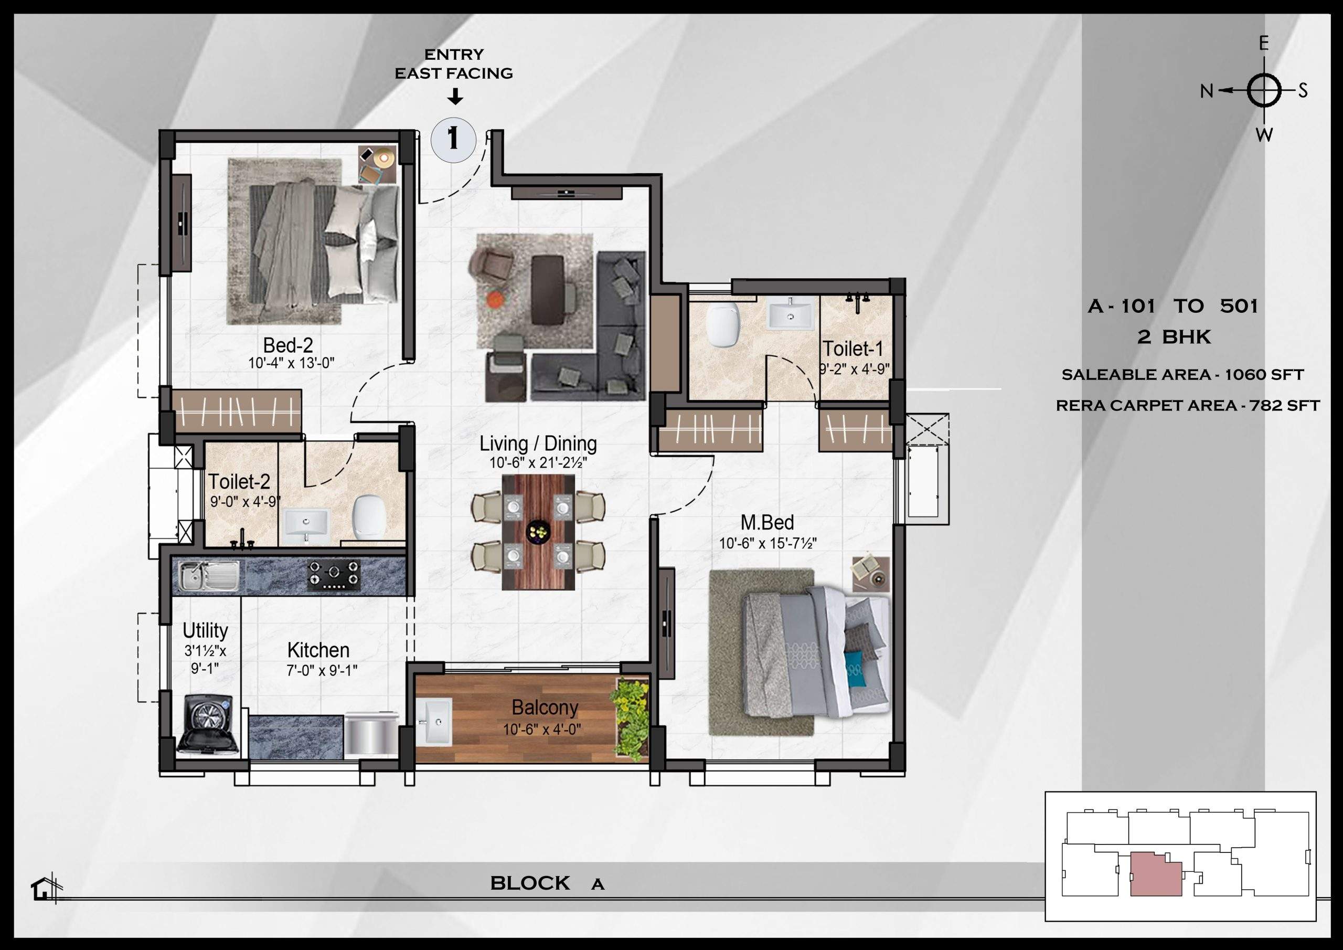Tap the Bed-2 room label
point(288,345)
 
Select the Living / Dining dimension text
point(538,463)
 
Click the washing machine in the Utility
point(208,724)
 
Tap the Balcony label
point(545,707)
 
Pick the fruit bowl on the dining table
point(538,532)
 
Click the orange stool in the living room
point(494,300)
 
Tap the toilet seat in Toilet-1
point(723,325)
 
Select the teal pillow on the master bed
point(855,662)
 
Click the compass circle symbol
point(1263,91)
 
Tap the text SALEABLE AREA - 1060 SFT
point(1182,375)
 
